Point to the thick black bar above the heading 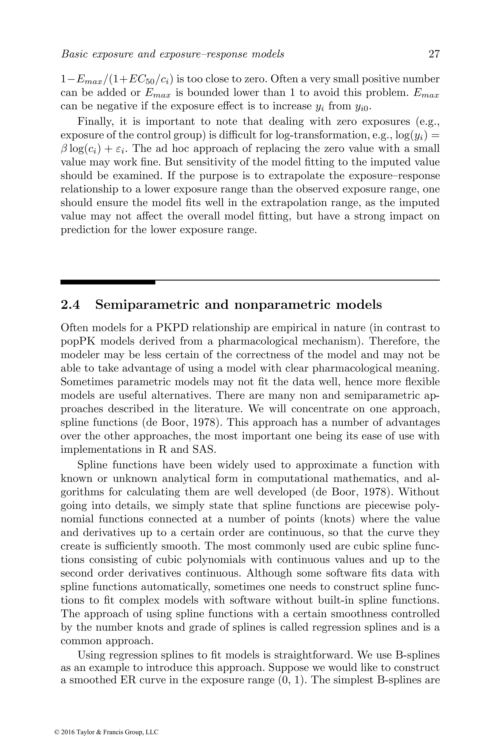pos(107,282)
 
